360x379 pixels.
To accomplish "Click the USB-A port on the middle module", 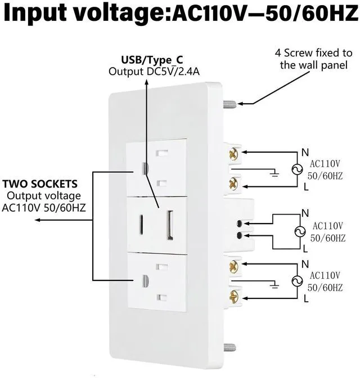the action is tap(170, 225).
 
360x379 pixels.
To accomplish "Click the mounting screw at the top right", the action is tap(229, 104).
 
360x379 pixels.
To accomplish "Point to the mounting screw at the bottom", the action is tap(229, 347).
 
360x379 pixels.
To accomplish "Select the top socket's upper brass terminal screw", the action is tap(233, 154).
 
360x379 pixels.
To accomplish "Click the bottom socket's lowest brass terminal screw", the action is tap(233, 297).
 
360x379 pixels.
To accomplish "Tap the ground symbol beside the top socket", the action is tap(274, 173).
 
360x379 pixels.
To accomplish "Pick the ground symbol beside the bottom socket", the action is tap(274, 285).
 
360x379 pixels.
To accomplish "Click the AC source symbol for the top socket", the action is tap(297, 170).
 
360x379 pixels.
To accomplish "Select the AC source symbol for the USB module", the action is tap(300, 231).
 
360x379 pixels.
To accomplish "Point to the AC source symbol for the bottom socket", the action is tap(297, 281).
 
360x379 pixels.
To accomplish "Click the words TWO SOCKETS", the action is tap(40, 184).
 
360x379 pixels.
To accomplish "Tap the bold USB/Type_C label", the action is tap(152, 60).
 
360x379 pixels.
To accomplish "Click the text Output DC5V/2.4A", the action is tap(154, 72).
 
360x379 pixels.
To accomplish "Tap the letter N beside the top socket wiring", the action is tap(305, 153).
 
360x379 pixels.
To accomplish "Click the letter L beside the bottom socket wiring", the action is tap(306, 299).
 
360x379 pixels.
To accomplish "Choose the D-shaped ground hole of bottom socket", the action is tap(145, 281).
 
